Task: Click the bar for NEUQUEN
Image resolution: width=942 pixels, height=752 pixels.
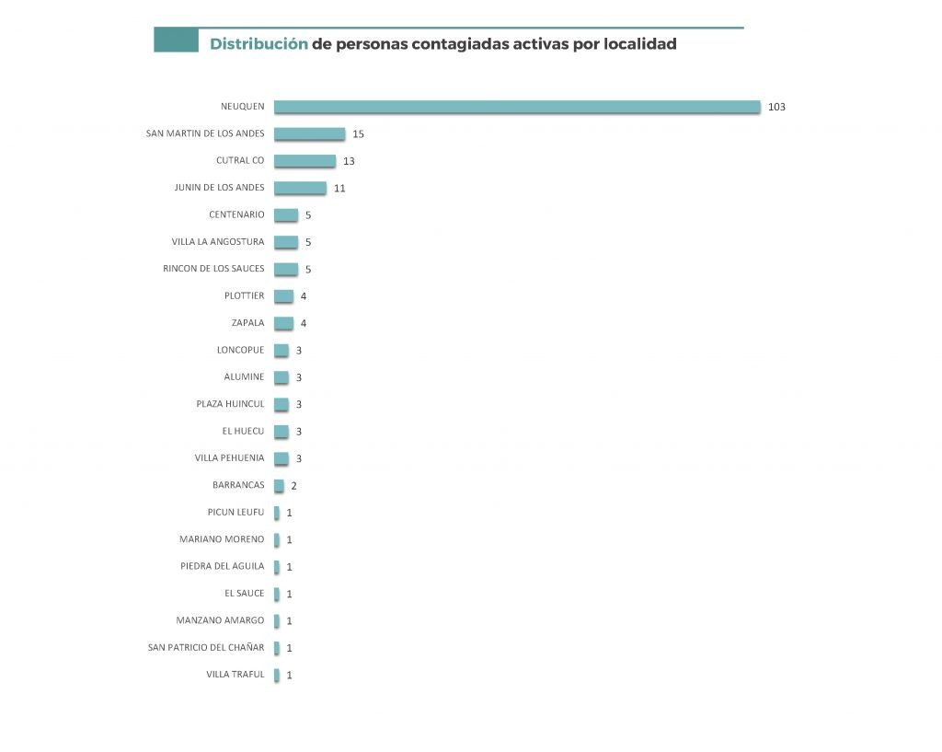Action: tap(517, 107)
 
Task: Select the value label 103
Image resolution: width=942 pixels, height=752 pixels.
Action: tap(776, 107)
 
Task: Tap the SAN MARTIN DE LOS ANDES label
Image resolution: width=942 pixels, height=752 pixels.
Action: tap(205, 133)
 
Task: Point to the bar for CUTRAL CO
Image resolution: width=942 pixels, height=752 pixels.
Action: tap(304, 161)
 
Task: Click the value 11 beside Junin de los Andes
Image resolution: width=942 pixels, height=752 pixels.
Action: tap(339, 188)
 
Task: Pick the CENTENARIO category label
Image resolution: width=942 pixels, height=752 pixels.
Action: tap(236, 214)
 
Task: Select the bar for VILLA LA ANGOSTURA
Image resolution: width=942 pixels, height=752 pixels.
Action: tap(286, 242)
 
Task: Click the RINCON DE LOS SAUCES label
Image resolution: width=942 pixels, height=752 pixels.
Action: tap(213, 269)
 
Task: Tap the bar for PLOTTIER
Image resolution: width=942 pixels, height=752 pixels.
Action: tap(283, 296)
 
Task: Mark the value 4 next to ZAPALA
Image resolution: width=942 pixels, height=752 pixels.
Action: tap(304, 323)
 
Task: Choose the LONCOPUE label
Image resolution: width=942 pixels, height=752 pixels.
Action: tap(240, 350)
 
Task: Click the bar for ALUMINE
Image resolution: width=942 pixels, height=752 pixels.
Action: tap(281, 377)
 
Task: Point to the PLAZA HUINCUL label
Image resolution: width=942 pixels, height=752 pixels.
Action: tap(230, 404)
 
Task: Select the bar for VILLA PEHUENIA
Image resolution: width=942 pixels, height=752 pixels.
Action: tap(281, 458)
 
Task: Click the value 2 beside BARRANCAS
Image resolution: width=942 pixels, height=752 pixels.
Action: tap(293, 486)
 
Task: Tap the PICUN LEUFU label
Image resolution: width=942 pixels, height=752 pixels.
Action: tap(235, 512)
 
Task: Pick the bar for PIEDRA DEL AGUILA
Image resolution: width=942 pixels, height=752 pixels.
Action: tap(277, 567)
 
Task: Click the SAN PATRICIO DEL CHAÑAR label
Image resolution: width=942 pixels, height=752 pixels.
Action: tap(206, 648)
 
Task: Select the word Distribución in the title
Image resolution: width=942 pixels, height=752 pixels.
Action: tap(258, 43)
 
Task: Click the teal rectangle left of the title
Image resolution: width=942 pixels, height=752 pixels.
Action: tap(176, 40)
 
